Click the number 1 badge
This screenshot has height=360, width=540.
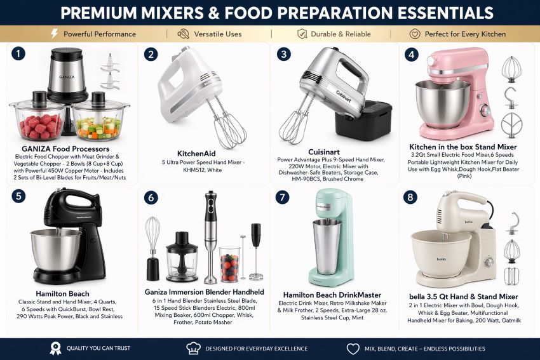click(18, 54)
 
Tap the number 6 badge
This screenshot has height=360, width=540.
click(151, 197)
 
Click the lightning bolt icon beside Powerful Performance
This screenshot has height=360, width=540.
click(55, 34)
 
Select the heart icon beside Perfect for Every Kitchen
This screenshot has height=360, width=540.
click(415, 34)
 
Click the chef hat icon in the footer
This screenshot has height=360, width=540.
click(194, 349)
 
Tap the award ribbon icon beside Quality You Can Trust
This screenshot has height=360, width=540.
click(55, 349)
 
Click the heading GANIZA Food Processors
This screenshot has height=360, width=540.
click(65, 149)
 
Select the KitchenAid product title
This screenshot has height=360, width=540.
click(196, 154)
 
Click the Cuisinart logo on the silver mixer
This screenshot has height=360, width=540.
click(343, 97)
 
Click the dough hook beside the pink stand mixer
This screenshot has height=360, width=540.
click(511, 98)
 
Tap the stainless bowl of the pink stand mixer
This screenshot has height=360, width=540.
click(442, 103)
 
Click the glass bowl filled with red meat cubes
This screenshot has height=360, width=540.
click(38, 121)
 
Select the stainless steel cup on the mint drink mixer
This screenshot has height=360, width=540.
click(327, 247)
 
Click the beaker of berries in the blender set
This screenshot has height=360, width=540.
click(230, 264)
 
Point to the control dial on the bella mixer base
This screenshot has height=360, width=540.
click(489, 262)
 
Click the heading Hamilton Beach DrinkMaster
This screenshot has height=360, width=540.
click(332, 295)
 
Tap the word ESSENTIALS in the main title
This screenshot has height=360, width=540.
click(445, 13)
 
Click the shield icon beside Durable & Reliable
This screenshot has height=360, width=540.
click(302, 34)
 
